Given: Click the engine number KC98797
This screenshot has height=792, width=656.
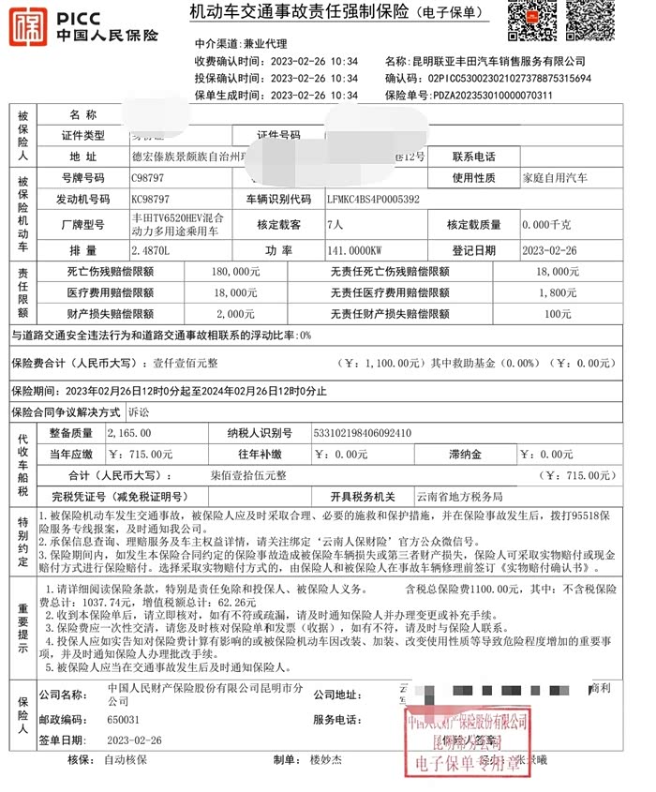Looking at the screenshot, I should click(x=152, y=200).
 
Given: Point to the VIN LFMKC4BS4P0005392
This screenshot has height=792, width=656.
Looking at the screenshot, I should click(x=373, y=200).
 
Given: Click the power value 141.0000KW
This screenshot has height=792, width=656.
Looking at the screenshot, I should click(x=357, y=251).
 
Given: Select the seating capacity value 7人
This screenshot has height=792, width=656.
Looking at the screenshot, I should click(x=335, y=225).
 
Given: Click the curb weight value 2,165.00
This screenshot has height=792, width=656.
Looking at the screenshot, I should click(x=129, y=433).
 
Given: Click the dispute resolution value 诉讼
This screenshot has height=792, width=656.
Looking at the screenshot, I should click(x=139, y=411).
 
